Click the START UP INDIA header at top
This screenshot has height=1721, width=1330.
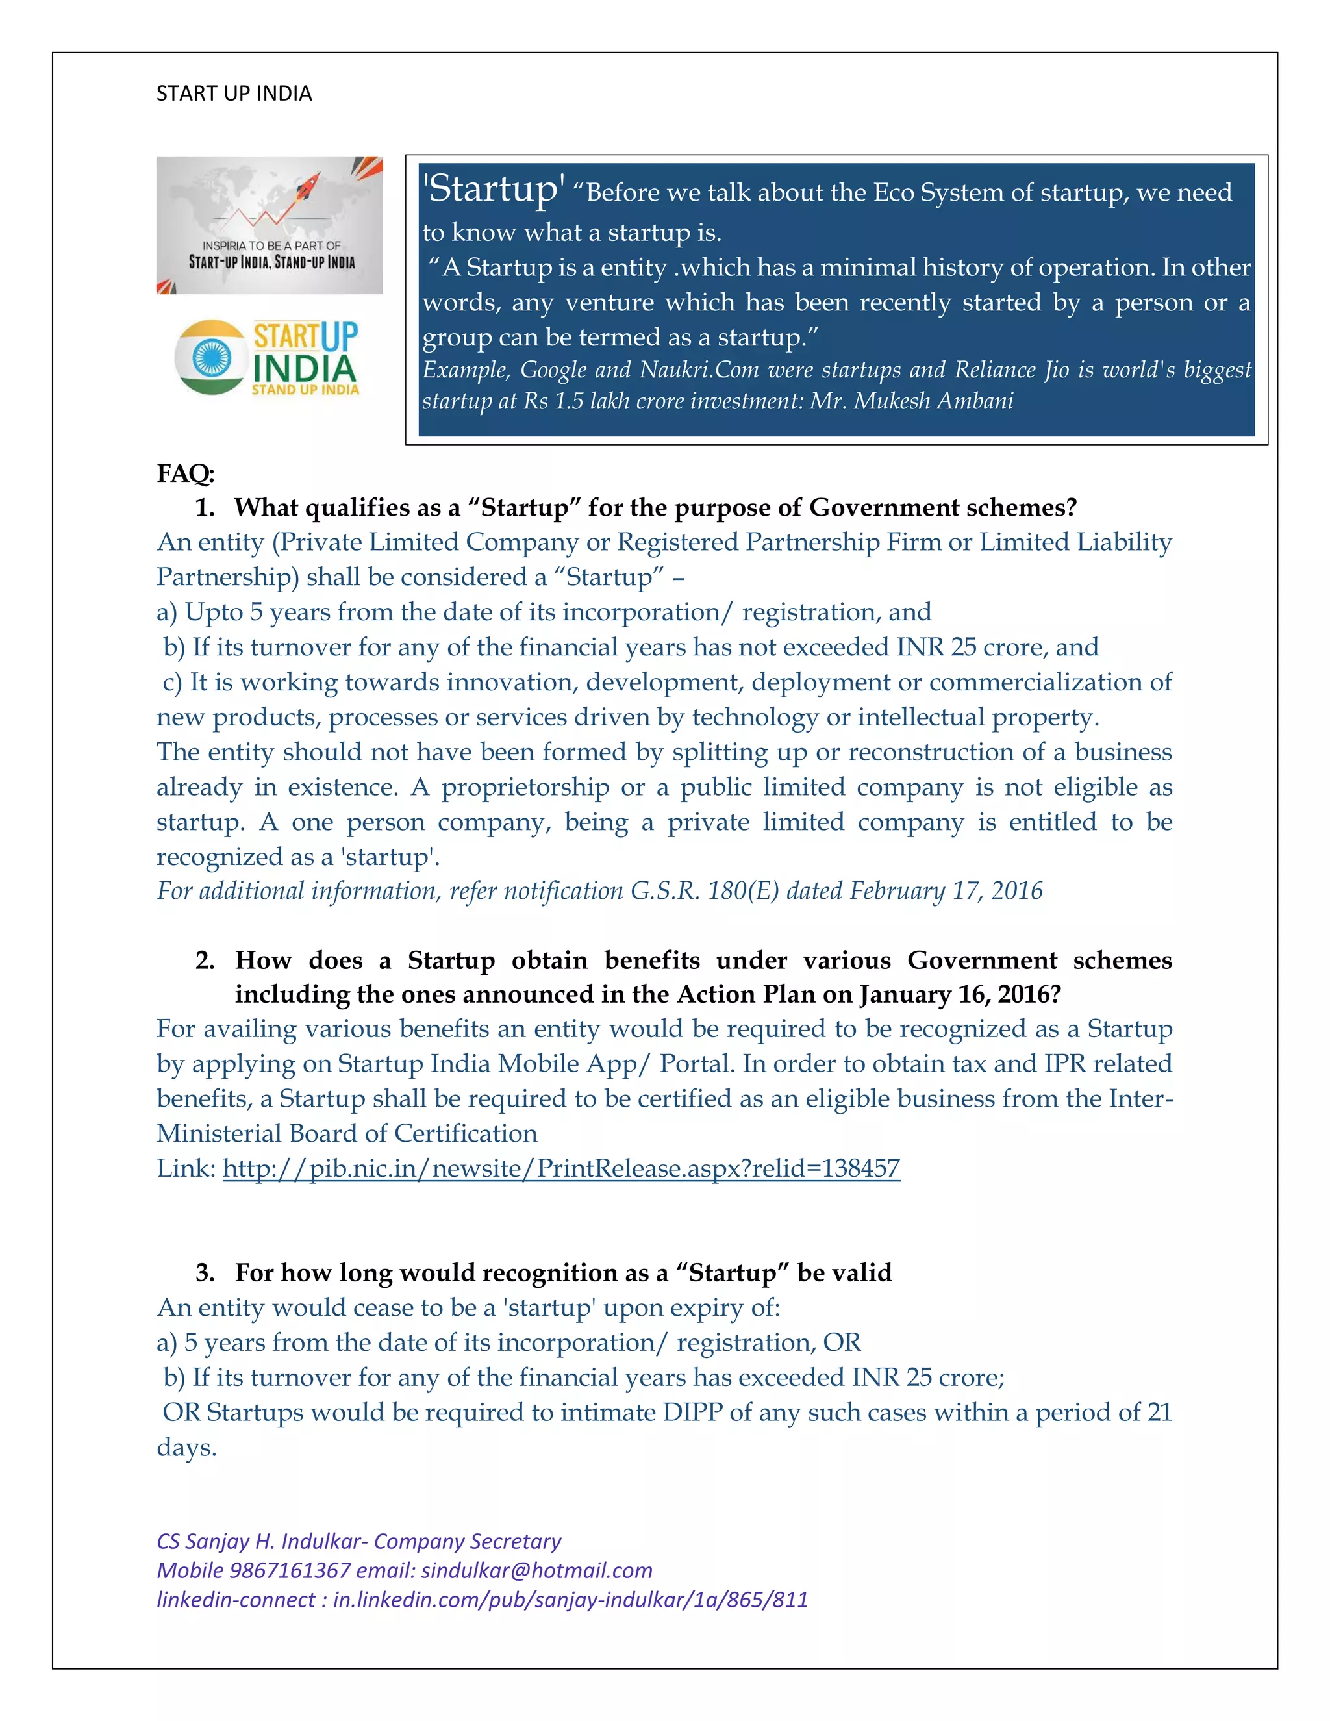tap(234, 93)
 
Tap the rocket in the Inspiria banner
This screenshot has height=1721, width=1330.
tap(307, 188)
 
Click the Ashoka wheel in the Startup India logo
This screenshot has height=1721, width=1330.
tap(210, 357)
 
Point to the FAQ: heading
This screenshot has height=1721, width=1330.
tap(186, 473)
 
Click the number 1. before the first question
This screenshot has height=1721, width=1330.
tap(204, 507)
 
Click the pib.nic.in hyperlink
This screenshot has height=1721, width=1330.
tap(561, 1168)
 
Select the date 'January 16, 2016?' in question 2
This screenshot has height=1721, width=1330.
tap(960, 994)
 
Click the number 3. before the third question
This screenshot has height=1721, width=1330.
tap(205, 1273)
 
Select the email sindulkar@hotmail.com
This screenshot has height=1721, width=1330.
tap(536, 1570)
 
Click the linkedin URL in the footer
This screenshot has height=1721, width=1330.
tap(570, 1600)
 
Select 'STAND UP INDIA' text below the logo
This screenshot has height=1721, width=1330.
tap(305, 389)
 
